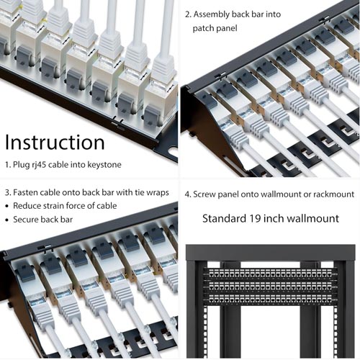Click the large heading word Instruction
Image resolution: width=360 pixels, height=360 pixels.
click(55, 142)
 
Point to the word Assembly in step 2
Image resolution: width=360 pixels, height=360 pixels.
click(213, 14)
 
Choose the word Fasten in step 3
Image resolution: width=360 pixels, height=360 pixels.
click(28, 193)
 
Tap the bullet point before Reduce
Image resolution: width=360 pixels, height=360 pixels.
click(7, 207)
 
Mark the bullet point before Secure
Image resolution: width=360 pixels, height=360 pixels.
click(7, 220)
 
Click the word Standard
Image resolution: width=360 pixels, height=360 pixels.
click(225, 218)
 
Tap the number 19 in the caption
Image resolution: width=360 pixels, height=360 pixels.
click(258, 218)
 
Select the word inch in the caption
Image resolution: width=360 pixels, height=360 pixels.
click(278, 218)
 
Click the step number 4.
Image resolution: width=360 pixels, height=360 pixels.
click(186, 194)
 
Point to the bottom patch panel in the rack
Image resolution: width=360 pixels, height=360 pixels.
click(269, 297)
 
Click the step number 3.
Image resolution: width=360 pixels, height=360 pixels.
click(6, 193)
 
